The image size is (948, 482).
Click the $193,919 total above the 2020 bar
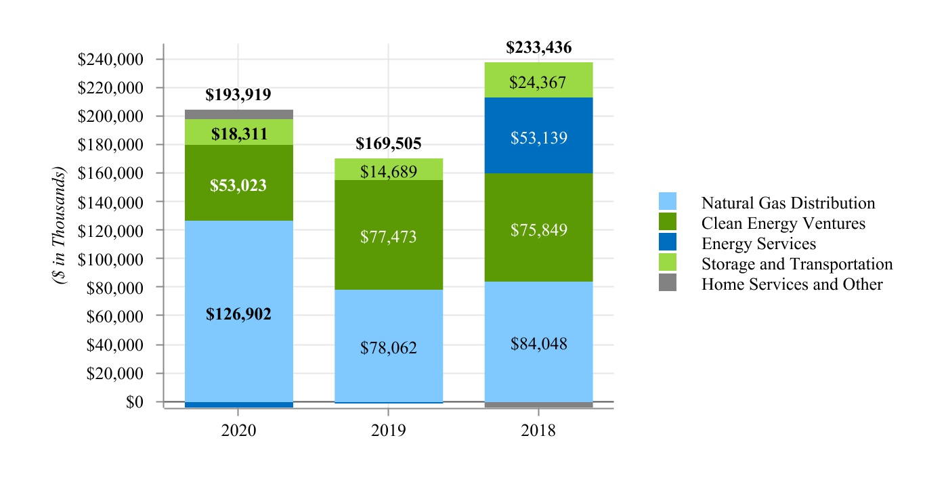238,95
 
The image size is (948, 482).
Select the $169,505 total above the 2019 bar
389,144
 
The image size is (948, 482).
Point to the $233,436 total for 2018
539,47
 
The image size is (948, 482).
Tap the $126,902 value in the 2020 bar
238,314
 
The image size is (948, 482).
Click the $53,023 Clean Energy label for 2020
238,185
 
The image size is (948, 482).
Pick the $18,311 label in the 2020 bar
238,134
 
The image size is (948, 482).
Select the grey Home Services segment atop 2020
238,114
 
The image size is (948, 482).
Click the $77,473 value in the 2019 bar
389,237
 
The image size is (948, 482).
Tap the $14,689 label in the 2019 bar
389,171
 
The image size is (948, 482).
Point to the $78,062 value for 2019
389,348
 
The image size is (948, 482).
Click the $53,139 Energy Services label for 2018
539,138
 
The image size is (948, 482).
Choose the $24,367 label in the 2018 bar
539,83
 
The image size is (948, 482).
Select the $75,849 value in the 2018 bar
539,230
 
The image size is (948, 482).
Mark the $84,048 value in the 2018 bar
539,344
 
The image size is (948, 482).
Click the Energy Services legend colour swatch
668,243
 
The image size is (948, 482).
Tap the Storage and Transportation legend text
797,264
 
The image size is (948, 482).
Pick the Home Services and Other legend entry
792,284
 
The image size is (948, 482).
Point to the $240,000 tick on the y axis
120,60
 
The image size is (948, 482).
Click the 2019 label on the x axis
389,431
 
